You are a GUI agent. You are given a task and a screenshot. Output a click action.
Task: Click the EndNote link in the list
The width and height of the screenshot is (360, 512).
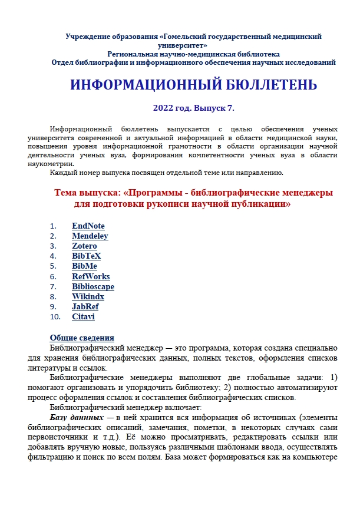point(88,226)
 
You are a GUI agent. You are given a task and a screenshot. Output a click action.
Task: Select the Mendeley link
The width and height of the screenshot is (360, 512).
point(90,236)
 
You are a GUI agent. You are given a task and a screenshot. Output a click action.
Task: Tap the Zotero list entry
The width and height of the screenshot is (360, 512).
point(84,246)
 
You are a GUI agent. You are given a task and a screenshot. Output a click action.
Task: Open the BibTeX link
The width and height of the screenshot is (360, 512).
point(86,256)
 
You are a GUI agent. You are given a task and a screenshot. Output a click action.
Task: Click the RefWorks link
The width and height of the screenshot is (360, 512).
point(91,276)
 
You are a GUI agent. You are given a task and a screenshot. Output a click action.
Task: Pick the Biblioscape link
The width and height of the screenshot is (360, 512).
point(93,286)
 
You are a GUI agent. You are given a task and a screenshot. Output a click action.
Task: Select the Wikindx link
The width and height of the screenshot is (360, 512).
point(88,296)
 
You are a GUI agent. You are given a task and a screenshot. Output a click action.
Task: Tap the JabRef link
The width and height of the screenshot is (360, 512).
point(85,306)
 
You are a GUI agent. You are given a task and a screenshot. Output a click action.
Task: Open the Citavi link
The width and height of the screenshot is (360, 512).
point(83,317)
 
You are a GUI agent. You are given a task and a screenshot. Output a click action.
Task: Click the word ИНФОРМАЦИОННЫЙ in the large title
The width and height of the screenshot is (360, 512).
point(143,85)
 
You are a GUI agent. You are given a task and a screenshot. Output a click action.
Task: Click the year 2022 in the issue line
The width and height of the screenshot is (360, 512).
point(163,108)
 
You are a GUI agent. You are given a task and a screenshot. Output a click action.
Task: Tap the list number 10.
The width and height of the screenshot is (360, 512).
point(55,317)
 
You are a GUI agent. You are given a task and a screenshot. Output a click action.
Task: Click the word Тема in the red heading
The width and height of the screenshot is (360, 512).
point(68,193)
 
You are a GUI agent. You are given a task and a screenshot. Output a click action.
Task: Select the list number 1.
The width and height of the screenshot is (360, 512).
point(53,226)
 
